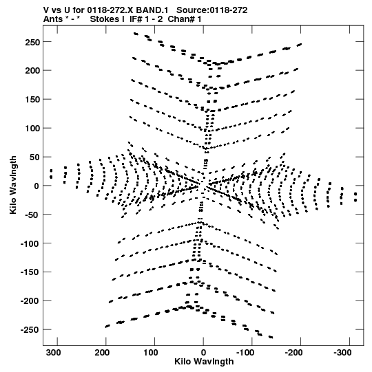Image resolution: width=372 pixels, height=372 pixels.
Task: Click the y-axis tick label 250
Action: click(x=32, y=42)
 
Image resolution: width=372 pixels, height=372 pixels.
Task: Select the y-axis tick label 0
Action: click(x=37, y=186)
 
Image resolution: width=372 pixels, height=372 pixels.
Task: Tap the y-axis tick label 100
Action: click(x=32, y=129)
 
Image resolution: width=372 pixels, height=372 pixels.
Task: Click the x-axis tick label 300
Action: click(x=53, y=353)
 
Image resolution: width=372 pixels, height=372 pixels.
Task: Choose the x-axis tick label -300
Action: click(x=342, y=353)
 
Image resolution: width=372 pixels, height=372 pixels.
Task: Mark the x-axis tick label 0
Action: click(x=203, y=353)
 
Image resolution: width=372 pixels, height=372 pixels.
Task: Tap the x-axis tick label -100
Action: click(x=245, y=353)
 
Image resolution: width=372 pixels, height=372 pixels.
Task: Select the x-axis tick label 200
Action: click(x=102, y=353)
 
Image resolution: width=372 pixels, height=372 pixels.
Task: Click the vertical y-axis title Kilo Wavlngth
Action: click(x=13, y=185)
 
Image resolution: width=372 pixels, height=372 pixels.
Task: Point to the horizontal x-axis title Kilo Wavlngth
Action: click(x=204, y=362)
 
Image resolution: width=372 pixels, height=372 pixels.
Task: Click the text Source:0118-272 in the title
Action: click(x=212, y=10)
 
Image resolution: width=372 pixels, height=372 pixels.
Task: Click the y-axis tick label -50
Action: click(x=32, y=215)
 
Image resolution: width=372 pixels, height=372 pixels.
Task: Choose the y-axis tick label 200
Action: click(x=32, y=71)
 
